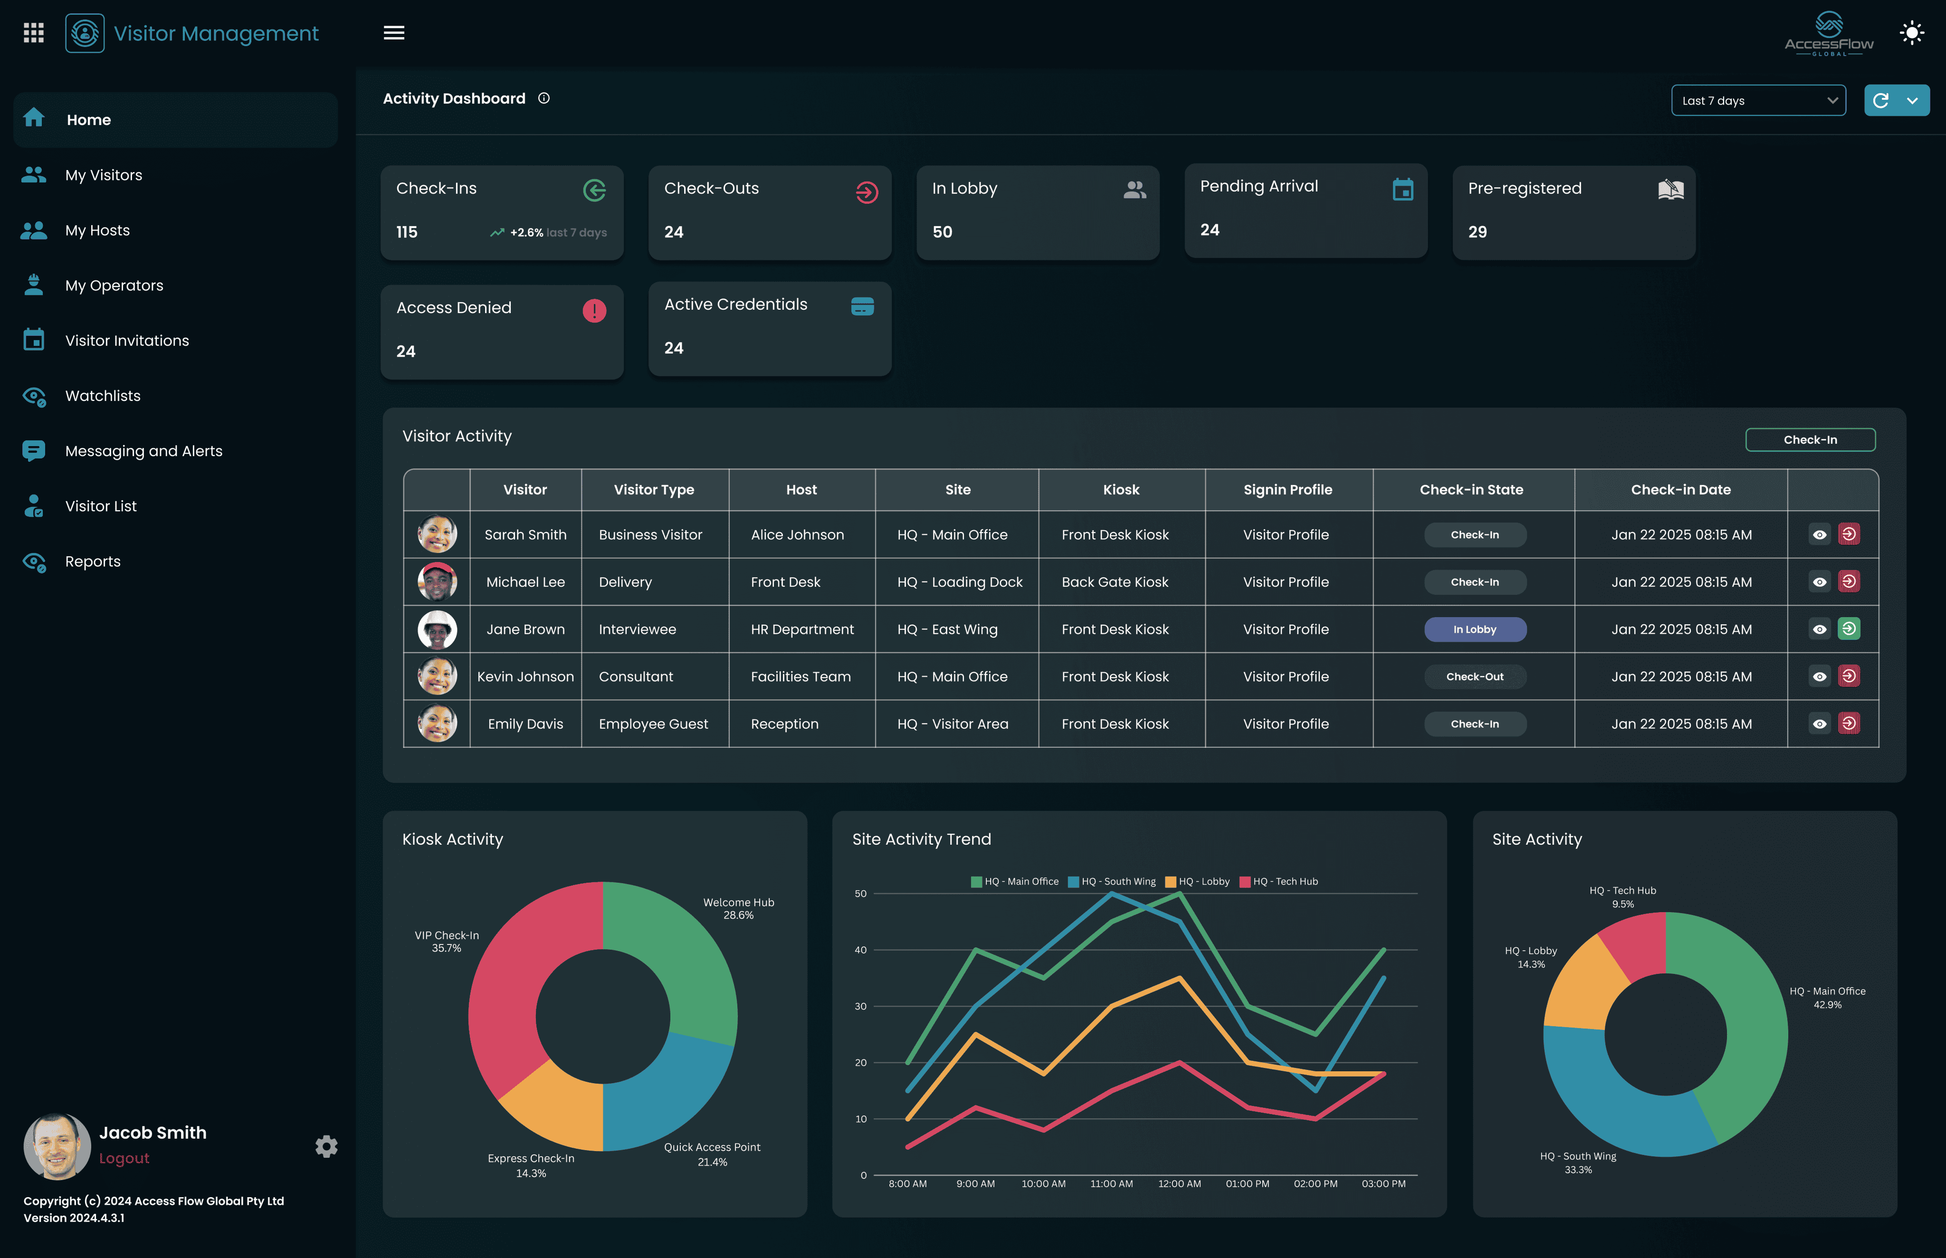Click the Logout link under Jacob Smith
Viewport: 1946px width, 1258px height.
click(x=124, y=1158)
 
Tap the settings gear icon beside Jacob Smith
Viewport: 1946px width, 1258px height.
click(x=326, y=1146)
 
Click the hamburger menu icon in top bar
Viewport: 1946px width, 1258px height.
click(x=394, y=33)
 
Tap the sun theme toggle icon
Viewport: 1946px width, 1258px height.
click(x=1912, y=33)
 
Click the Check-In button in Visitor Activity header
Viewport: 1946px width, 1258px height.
click(x=1810, y=439)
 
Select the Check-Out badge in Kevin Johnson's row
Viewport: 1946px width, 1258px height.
click(x=1475, y=677)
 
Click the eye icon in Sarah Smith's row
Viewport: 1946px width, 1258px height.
click(x=1819, y=535)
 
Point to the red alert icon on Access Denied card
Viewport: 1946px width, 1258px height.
click(x=594, y=310)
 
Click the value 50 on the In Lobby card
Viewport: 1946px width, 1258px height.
click(x=942, y=232)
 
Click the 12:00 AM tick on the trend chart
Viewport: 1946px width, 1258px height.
click(x=1179, y=1184)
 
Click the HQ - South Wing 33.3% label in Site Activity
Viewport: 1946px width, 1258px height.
click(x=1577, y=1163)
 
